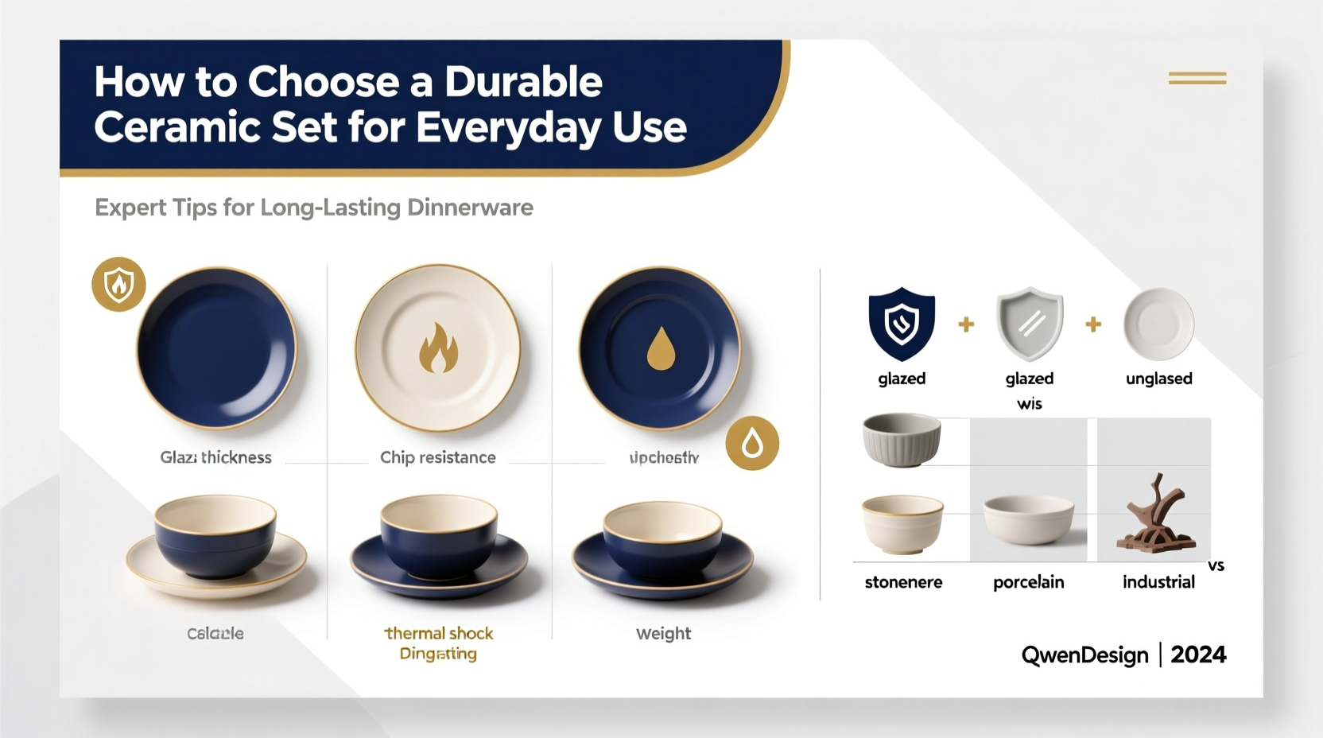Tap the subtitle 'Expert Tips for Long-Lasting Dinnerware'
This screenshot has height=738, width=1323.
point(314,208)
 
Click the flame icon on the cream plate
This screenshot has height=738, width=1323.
point(438,348)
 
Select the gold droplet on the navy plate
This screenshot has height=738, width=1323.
point(661,349)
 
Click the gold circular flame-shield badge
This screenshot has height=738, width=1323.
point(119,284)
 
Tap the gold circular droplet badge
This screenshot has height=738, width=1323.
point(752,443)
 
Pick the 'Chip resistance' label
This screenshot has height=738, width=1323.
point(437,457)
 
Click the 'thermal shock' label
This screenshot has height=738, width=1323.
point(439,633)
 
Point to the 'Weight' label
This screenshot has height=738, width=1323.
point(663,633)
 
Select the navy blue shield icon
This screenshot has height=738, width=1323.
point(902,323)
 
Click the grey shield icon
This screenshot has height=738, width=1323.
point(1030,323)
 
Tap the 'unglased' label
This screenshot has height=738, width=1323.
point(1158,379)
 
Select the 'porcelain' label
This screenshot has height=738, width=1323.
point(1028,582)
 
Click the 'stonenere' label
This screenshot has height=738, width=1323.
point(903,582)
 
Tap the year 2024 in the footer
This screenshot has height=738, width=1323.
point(1198,654)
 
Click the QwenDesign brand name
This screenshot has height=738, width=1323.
point(1084,654)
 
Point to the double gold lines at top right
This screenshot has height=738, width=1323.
point(1197,78)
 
